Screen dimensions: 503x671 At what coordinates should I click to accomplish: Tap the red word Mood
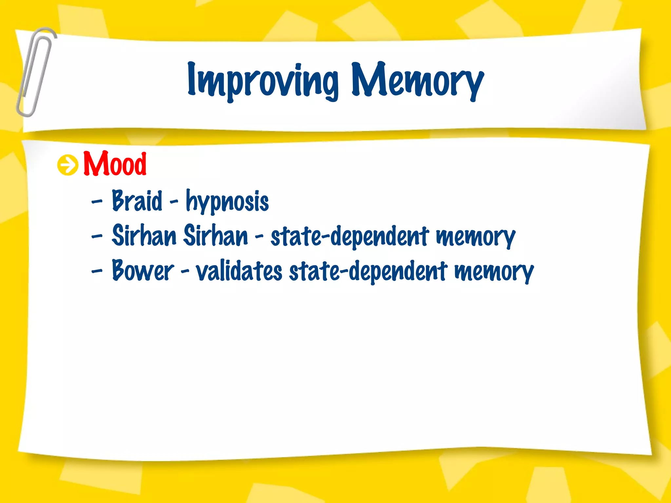point(115,164)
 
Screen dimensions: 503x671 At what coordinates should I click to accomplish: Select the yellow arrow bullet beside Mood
point(68,165)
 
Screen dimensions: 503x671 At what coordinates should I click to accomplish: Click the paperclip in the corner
point(35,72)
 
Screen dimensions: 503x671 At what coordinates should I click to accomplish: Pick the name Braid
point(137,200)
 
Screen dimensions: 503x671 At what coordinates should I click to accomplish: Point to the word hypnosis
point(227,201)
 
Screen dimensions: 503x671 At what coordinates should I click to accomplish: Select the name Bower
point(143,270)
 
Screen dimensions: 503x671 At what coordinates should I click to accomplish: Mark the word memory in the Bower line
point(494,272)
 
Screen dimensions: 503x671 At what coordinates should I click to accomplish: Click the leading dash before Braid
point(97,201)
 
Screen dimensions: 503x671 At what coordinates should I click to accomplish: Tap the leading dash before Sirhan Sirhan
point(97,236)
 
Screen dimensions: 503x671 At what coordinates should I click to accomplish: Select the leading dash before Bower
point(97,271)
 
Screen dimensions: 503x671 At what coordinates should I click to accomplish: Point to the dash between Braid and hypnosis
point(174,201)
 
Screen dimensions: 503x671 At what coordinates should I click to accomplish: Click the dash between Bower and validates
point(185,271)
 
